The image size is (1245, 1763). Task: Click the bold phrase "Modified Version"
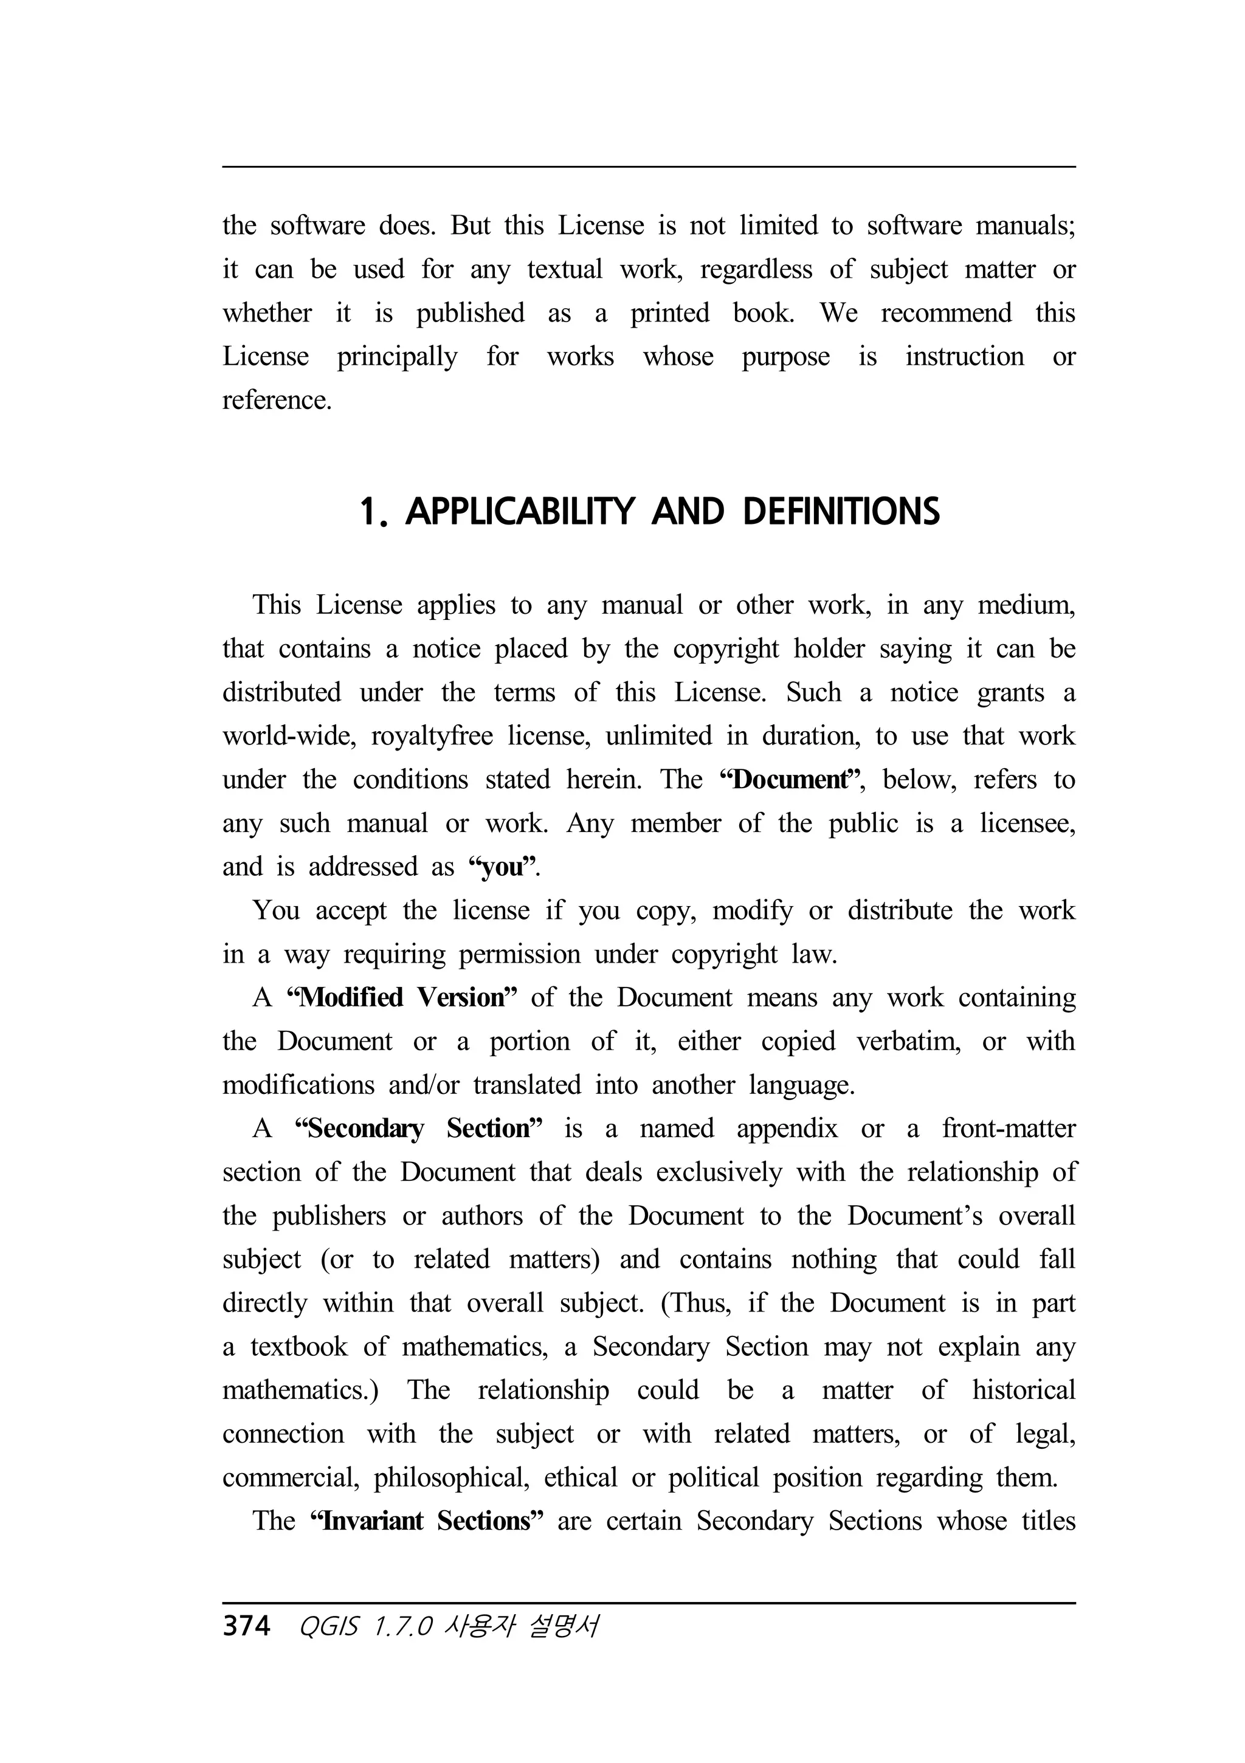pyautogui.click(x=402, y=997)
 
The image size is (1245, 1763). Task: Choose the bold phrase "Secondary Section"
pyautogui.click(x=419, y=1129)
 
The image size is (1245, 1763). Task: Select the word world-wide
pyautogui.click(x=289, y=735)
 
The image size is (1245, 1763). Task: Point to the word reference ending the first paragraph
pyautogui.click(x=277, y=400)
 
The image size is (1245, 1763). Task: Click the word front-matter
pyautogui.click(x=1008, y=1129)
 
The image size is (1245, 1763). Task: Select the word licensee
pyautogui.click(x=1027, y=823)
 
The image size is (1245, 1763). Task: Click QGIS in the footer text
pyautogui.click(x=329, y=1627)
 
